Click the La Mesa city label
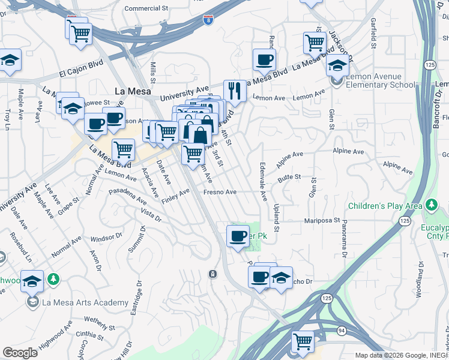[x=133, y=91]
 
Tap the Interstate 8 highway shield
[x=208, y=21]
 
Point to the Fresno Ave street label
[x=220, y=192]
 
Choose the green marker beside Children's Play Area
[x=431, y=206]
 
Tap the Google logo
[x=20, y=353]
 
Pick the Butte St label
[x=289, y=178]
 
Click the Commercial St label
[x=146, y=8]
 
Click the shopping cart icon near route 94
[x=303, y=342]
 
